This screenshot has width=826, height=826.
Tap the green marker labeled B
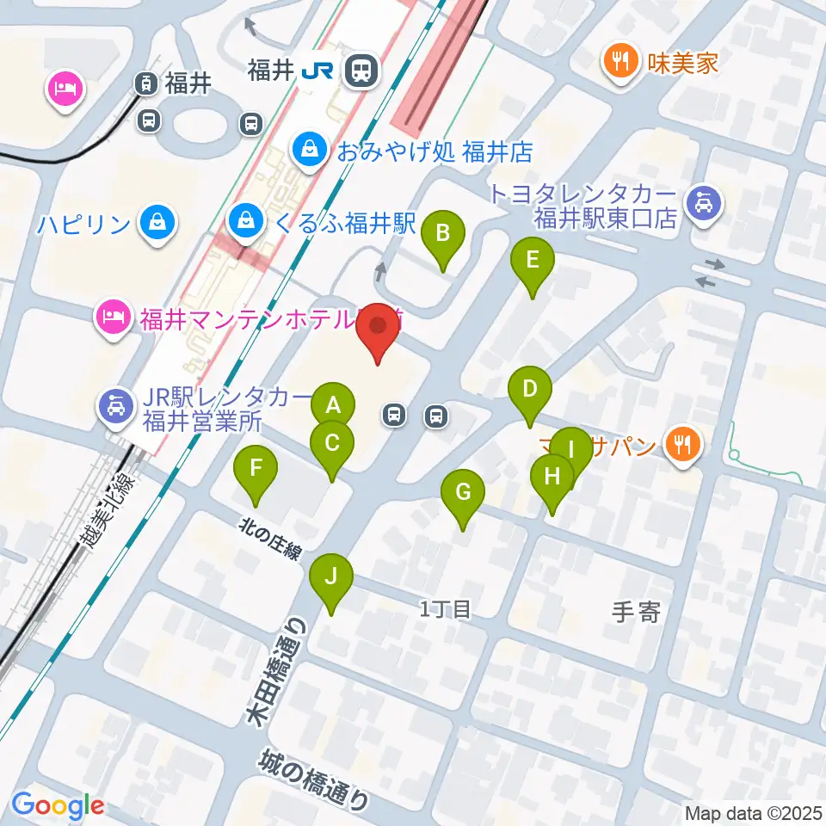[x=443, y=232]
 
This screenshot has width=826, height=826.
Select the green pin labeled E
[x=533, y=259]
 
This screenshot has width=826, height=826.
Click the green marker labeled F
[x=256, y=469]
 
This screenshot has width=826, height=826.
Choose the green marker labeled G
[x=463, y=493]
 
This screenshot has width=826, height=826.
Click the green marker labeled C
[x=332, y=443]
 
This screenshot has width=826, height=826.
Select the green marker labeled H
[x=552, y=476]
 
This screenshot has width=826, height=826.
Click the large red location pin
[x=379, y=328]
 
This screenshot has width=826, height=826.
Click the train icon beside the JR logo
[x=361, y=71]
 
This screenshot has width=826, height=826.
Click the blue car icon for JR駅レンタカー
[x=114, y=404]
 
